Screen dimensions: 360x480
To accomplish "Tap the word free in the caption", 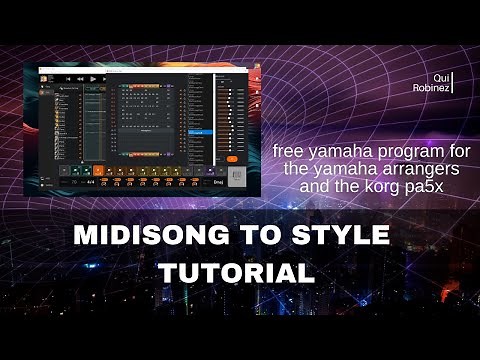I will [290, 151].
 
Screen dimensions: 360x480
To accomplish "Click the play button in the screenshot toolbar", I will [93, 78].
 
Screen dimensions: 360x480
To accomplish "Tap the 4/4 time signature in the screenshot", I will [91, 181].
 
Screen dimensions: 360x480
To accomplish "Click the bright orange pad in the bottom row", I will [98, 171].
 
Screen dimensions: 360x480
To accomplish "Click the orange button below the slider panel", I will [232, 158].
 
